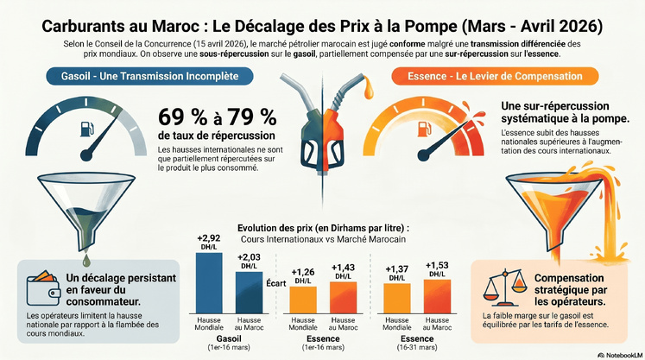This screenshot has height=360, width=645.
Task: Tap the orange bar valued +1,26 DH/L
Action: pos(302,299)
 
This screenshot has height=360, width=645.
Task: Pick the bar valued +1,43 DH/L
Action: pos(343,297)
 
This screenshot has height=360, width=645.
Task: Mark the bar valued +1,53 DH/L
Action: pos(437,296)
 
